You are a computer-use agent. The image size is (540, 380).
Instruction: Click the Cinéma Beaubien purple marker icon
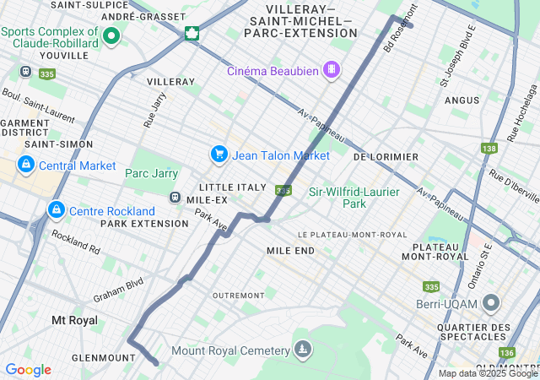(332, 70)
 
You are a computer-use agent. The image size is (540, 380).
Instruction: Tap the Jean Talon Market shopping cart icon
(219, 155)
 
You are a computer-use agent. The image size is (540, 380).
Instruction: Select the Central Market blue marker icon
(26, 164)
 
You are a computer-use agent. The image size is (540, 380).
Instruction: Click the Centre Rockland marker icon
(57, 209)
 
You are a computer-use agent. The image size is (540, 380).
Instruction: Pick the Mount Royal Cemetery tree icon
(302, 349)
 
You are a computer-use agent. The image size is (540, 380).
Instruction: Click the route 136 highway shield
(506, 353)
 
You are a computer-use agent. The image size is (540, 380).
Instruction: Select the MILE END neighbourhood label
(290, 251)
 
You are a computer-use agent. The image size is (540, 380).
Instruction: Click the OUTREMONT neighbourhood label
(239, 296)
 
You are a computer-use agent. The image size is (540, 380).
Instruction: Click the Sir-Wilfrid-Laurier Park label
(354, 198)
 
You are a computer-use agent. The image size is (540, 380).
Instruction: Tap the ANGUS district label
(462, 100)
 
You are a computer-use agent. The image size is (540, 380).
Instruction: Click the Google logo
(28, 370)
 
